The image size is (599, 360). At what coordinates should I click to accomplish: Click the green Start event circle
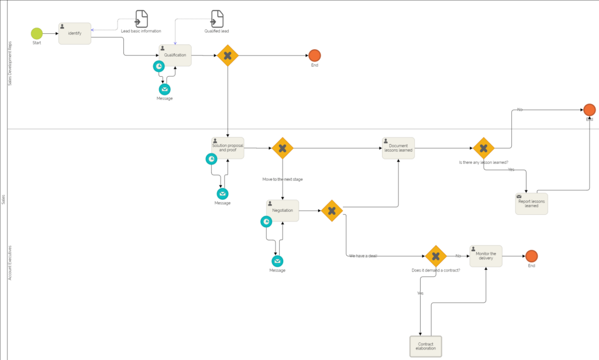pos(37,33)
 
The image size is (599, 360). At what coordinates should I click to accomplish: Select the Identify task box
pos(75,33)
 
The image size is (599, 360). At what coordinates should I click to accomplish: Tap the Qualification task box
pos(174,55)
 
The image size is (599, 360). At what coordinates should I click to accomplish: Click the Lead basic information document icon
pos(142,19)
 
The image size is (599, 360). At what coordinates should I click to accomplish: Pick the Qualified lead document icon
pos(217,19)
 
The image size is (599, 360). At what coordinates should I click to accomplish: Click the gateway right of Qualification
pos(228,56)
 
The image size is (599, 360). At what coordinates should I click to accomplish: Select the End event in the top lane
pos(315,56)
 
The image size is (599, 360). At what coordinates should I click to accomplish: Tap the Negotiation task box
pos(283,210)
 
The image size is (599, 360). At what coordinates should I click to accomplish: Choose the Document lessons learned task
pos(398,148)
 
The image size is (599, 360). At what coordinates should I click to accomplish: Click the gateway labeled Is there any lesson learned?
pos(483,148)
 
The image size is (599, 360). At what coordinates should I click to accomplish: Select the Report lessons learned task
pos(532,203)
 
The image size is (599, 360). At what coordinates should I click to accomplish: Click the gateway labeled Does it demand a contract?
pos(436,256)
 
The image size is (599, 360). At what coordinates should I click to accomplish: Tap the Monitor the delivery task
pos(486,256)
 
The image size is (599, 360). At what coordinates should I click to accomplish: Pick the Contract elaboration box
pos(425,346)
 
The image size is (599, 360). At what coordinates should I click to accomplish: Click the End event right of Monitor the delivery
pos(531,256)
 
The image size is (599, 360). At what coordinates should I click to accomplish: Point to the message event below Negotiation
pos(277,261)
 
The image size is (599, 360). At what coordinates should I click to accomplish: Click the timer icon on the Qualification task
pos(159,67)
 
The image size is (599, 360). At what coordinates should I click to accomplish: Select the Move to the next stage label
pos(283,179)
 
